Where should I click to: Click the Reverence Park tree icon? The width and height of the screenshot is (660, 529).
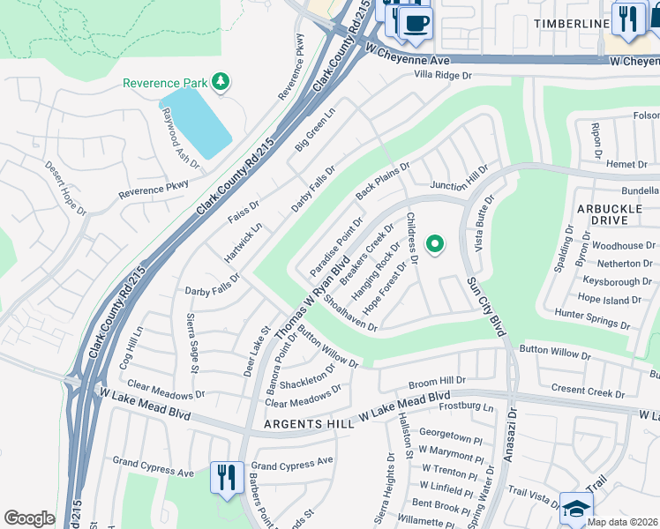[220, 83]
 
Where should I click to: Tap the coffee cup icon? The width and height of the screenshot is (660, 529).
[416, 22]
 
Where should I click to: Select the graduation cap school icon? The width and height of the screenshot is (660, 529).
[576, 508]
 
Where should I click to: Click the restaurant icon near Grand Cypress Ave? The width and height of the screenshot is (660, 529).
[226, 478]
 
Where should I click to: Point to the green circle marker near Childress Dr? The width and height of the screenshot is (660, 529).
[434, 244]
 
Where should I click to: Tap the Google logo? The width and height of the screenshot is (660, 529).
[29, 518]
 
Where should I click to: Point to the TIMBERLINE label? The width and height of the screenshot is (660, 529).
[571, 24]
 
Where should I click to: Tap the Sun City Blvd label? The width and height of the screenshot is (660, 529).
[486, 306]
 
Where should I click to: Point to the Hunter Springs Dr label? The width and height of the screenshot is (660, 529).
[592, 319]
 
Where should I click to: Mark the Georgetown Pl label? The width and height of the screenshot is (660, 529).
[451, 434]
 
